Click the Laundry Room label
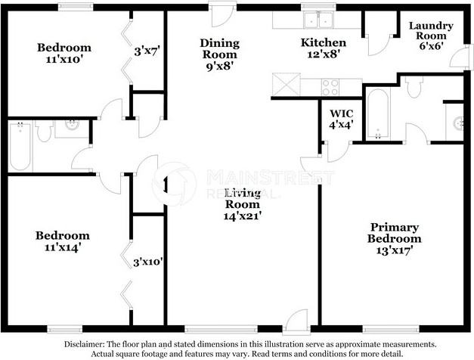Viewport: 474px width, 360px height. (x=430, y=36)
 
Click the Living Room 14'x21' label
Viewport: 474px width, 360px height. (x=242, y=204)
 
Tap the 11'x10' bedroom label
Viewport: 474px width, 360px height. (x=64, y=54)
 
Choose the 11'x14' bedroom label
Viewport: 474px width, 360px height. (x=63, y=241)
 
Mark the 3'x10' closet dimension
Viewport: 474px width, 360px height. (x=147, y=262)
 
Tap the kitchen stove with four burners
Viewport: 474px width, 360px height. (x=332, y=87)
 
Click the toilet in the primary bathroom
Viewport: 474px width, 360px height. (x=413, y=88)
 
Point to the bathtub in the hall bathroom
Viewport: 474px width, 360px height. (x=20, y=144)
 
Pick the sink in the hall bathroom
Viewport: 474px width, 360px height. (x=72, y=126)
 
